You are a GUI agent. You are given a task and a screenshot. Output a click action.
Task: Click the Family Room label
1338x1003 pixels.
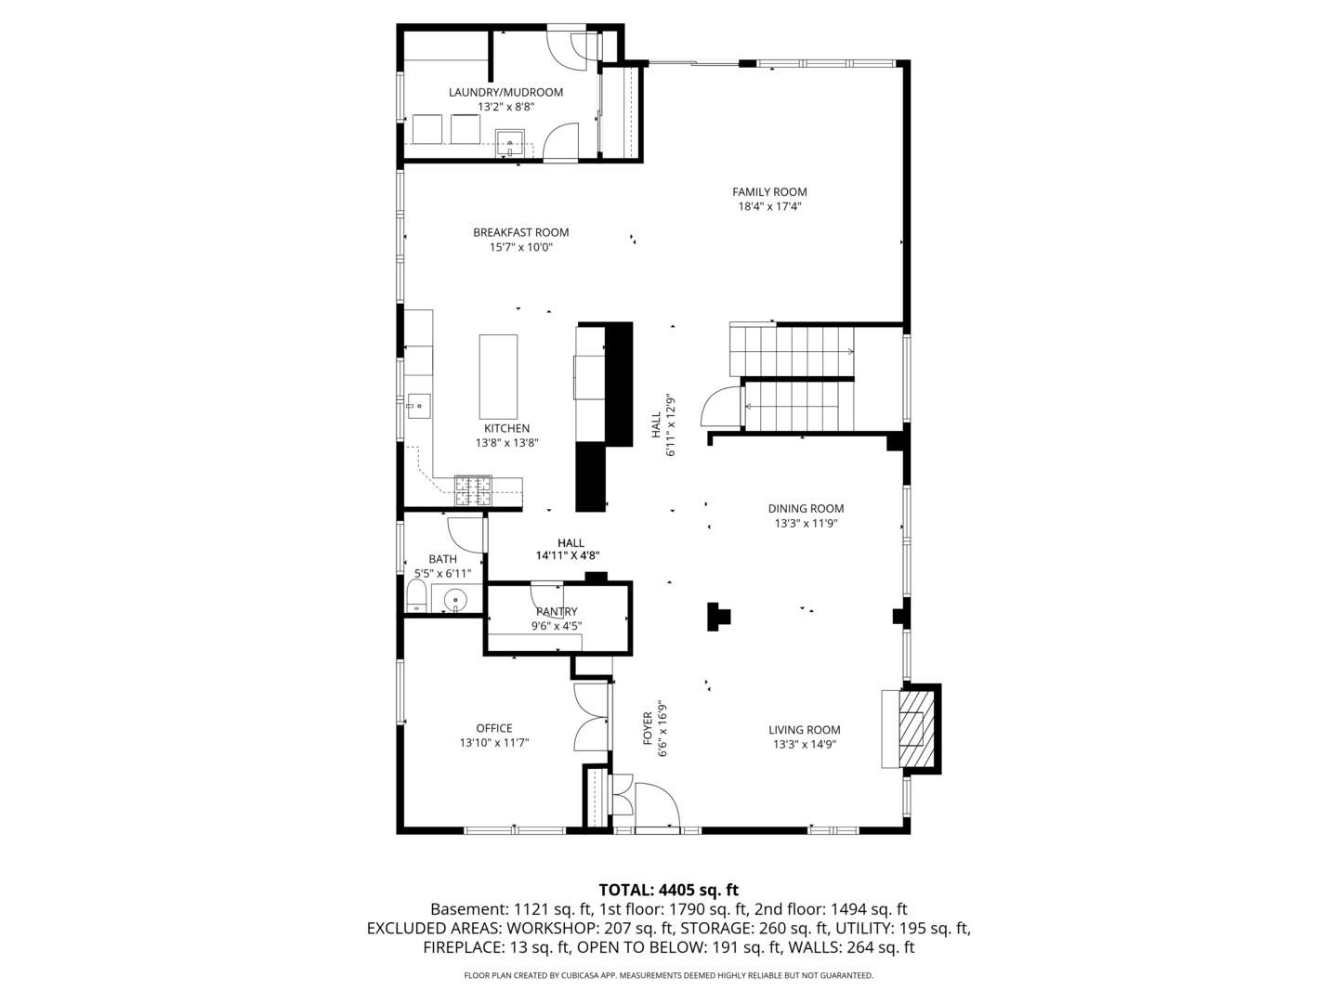769,192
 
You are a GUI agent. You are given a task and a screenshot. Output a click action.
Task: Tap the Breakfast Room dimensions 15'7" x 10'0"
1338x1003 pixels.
520,247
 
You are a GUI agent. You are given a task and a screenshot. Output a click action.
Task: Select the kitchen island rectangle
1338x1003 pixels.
498,377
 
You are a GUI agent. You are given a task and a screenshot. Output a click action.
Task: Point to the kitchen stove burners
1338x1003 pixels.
473,491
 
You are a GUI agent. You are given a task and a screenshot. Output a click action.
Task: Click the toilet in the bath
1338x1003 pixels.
416,596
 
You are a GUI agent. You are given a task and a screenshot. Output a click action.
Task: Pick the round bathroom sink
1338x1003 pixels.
454,599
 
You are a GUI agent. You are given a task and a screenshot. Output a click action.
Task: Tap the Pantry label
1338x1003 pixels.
557,611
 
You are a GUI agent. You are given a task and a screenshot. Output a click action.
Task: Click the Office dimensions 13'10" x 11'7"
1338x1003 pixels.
494,743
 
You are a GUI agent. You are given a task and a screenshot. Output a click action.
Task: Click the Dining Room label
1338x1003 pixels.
806,509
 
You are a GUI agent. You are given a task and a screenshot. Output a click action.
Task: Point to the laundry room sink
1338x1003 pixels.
509,143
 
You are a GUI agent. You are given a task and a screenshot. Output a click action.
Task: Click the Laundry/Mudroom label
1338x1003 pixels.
506,93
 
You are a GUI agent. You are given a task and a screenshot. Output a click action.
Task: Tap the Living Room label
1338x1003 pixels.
804,730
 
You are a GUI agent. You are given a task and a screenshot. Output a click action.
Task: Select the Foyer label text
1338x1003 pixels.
648,728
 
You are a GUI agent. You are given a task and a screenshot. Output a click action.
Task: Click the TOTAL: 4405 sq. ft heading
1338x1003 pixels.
669,891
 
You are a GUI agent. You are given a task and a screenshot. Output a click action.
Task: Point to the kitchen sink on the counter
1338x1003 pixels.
419,406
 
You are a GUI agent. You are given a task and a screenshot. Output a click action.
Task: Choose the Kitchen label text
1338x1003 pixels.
507,429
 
